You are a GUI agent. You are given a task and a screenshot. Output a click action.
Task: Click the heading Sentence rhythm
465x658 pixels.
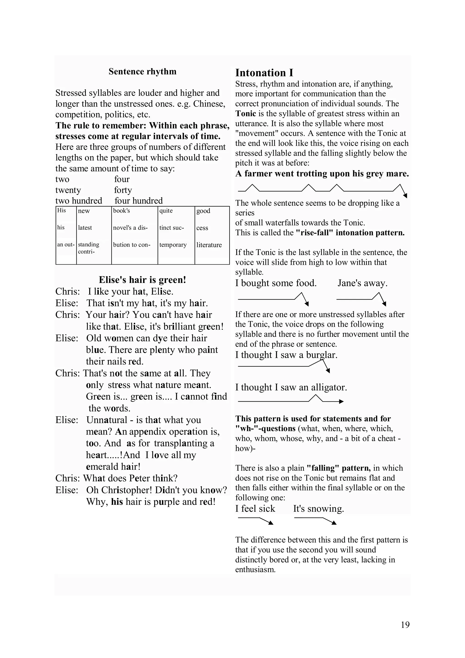[142, 71]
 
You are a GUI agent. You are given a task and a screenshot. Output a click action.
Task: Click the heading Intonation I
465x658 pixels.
[264, 73]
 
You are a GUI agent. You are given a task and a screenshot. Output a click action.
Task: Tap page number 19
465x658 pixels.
[405, 633]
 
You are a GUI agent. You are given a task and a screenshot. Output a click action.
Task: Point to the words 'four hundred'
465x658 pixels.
[138, 201]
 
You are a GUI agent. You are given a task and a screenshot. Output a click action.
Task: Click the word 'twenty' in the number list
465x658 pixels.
[68, 190]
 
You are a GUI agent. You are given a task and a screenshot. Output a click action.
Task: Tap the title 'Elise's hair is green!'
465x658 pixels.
[142, 280]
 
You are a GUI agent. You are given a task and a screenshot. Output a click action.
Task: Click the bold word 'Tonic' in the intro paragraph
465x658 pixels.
[245, 114]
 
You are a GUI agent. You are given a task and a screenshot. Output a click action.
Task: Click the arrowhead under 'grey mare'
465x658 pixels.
[405, 195]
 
